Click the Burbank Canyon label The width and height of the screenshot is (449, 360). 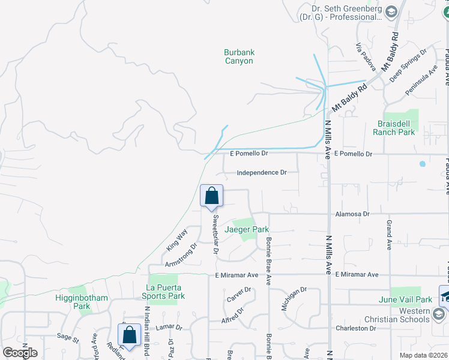[238, 56]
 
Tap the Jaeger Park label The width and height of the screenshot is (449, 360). [246, 229]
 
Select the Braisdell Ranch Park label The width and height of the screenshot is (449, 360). [394, 128]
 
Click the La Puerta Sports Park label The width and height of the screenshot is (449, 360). [163, 292]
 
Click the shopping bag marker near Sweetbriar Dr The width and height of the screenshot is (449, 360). [211, 196]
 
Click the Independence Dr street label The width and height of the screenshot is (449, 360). [261, 172]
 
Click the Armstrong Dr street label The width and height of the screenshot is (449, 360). [181, 254]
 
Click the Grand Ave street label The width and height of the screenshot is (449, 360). [389, 235]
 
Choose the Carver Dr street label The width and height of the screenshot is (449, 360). [238, 294]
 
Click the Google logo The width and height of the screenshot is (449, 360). [20, 352]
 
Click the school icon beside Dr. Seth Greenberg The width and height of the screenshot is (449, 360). [391, 12]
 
